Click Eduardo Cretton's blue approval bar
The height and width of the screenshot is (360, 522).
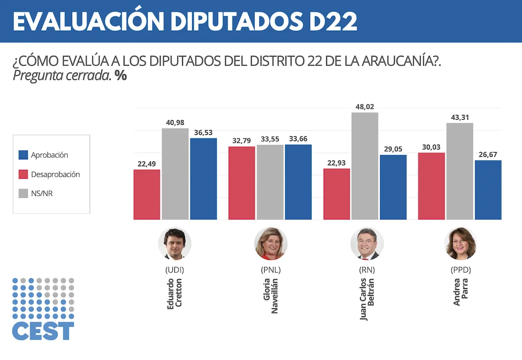204,179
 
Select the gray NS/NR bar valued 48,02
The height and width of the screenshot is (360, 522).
365,166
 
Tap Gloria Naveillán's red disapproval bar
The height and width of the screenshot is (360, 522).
242,183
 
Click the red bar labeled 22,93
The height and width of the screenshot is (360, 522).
337,194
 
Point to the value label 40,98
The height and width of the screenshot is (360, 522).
175,122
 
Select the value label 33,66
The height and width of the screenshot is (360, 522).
298,138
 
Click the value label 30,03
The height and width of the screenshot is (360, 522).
431,147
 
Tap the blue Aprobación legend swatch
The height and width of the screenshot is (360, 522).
23,155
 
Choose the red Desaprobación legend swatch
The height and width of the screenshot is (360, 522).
23,175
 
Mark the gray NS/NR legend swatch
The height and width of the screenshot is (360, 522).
23,193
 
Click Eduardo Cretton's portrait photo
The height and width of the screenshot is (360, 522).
175,244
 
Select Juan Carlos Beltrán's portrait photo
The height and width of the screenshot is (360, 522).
367,244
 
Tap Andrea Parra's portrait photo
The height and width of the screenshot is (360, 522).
461,244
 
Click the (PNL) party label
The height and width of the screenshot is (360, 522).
271,270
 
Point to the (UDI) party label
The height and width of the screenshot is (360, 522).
175,270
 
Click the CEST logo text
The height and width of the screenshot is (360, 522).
43,331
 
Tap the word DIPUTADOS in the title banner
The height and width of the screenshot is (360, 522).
230,21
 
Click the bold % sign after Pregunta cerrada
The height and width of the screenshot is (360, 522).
121,75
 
